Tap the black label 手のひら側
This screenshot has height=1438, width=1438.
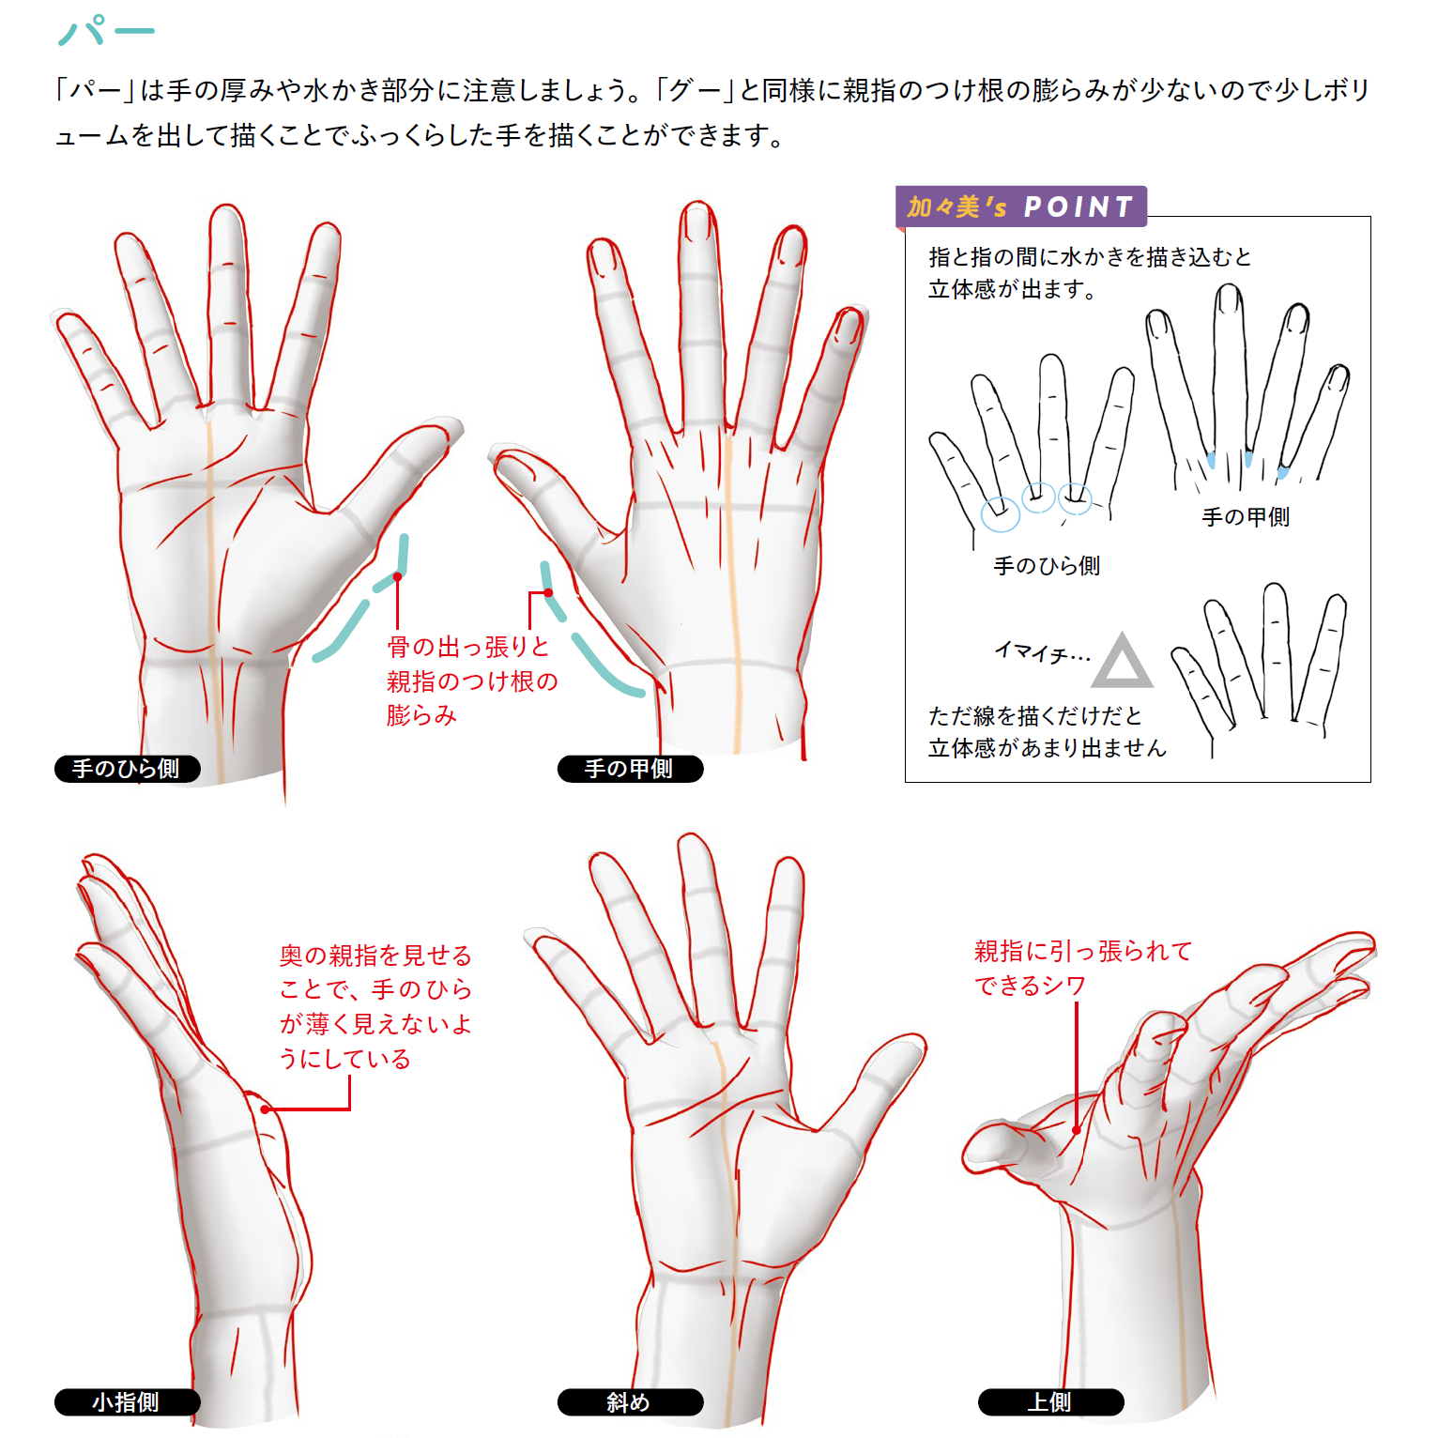point(127,769)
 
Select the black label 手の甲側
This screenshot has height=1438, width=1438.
point(630,769)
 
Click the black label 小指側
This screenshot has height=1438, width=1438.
point(127,1402)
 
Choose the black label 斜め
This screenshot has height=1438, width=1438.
point(630,1402)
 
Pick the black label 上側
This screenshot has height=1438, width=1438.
point(1050,1402)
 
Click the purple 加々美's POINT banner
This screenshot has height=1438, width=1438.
point(1020,207)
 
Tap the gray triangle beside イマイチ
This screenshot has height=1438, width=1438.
point(1122,663)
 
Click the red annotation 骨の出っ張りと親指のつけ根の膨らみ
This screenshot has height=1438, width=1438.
point(471,681)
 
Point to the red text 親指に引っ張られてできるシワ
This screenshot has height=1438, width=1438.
point(1081,968)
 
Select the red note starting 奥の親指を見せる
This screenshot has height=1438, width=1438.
point(375,1006)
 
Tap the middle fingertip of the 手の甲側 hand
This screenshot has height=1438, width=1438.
point(697,218)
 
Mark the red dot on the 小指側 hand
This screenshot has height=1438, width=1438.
point(266,1109)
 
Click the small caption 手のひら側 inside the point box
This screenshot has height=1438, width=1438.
point(1047,566)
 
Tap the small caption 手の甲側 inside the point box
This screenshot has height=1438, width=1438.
point(1246,517)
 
